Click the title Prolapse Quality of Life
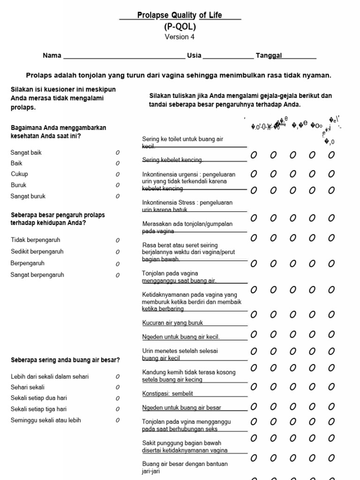[180, 15]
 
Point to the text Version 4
[180, 37]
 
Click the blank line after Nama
[124, 56]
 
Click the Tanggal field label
[269, 55]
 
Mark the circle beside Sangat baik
[118, 153]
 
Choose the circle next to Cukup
[118, 174]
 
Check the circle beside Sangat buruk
[118, 196]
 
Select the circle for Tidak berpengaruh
[118, 240]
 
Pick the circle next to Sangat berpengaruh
[118, 275]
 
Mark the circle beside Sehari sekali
[118, 388]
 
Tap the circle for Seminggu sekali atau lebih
[118, 420]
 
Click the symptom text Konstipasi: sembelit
[167, 393]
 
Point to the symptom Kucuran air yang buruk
[172, 323]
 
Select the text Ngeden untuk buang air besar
[181, 408]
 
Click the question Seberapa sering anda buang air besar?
[65, 360]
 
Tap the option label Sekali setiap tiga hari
[38, 409]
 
